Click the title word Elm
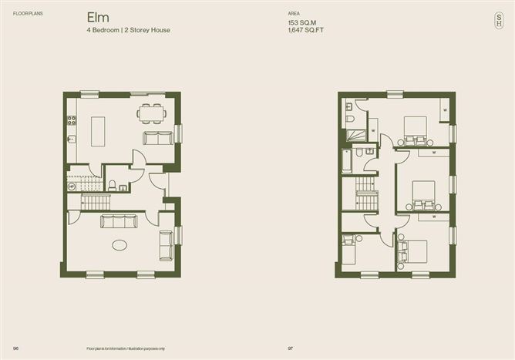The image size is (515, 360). click(x=98, y=17)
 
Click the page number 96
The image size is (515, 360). click(x=15, y=348)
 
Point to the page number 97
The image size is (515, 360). click(x=291, y=348)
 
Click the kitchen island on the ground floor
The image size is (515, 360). click(x=98, y=131)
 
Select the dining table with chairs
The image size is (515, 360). click(x=151, y=113)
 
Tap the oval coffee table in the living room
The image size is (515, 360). click(x=120, y=245)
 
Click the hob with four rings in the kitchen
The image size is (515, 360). click(x=72, y=120)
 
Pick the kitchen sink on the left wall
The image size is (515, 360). click(x=71, y=140)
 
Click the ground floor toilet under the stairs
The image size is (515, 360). click(x=113, y=184)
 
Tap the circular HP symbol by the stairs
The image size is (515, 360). click(x=72, y=186)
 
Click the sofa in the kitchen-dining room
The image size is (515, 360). click(x=159, y=137)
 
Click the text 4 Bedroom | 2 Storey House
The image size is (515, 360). click(x=128, y=30)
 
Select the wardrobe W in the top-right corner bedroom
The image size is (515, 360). click(x=444, y=111)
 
